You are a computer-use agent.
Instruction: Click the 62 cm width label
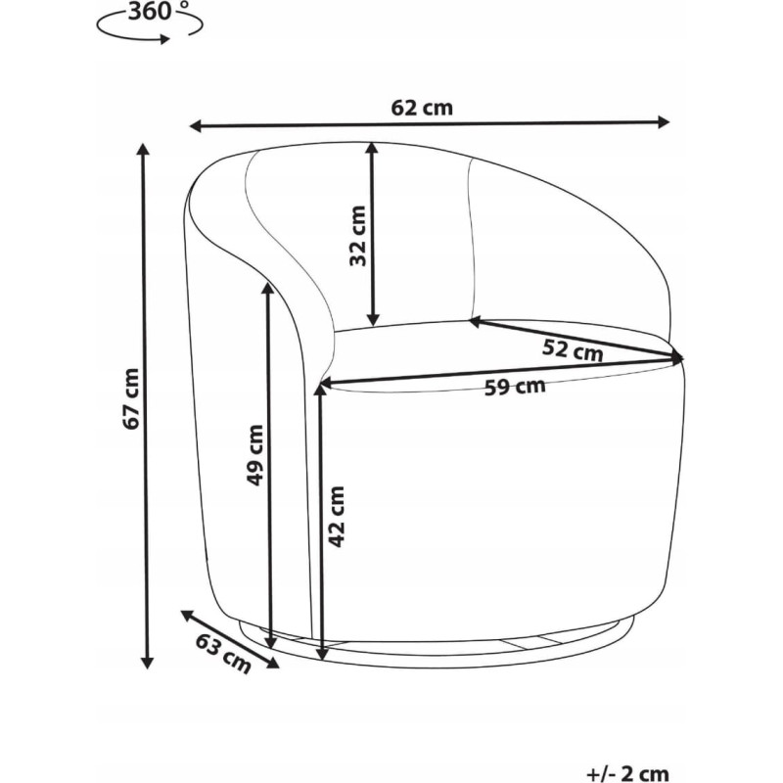pos(422,108)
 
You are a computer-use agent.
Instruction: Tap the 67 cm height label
pos(131,398)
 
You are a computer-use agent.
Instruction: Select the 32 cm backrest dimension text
pos(358,236)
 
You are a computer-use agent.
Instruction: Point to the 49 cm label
pos(255,454)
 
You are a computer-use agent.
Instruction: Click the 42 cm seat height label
pos(337,517)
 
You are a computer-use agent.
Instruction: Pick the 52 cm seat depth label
pos(573,349)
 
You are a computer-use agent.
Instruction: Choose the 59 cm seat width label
pos(515,387)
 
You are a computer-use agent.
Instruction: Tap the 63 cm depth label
pos(223,653)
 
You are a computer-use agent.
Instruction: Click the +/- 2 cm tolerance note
pos(627,773)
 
